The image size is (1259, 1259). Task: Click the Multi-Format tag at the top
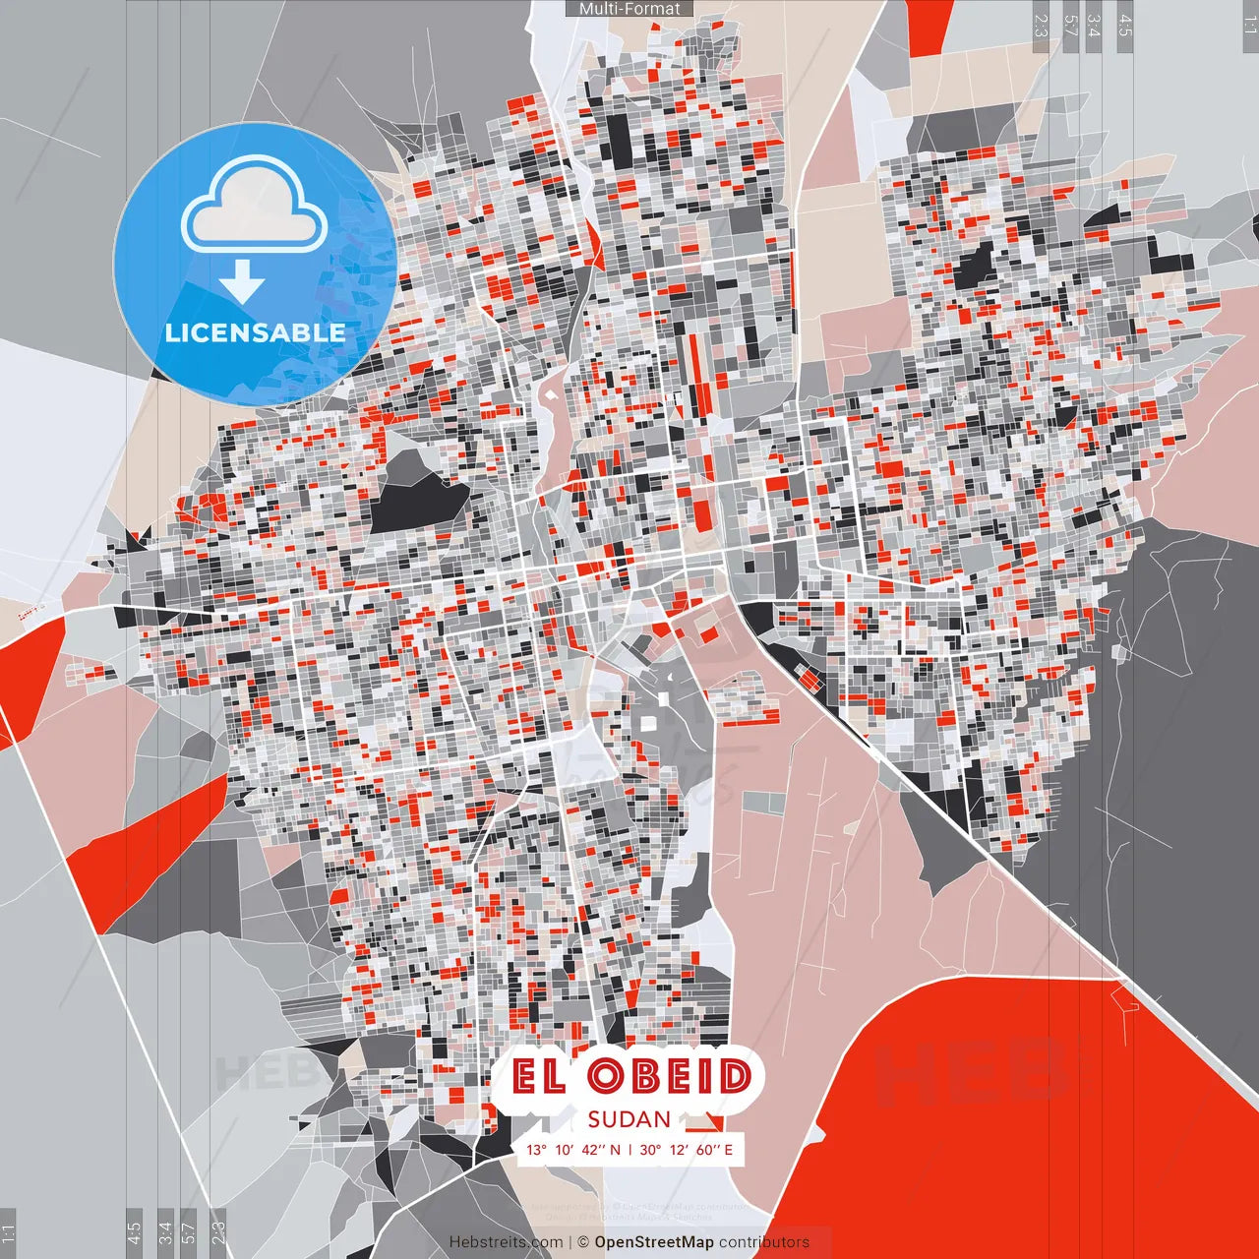[x=629, y=9]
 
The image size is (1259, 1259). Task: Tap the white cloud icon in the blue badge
[x=255, y=208]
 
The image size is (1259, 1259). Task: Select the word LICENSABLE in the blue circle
[x=255, y=332]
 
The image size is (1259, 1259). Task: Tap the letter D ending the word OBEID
[x=733, y=1078]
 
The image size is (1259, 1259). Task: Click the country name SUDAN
[x=629, y=1119]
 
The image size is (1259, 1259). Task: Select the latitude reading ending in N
[x=573, y=1150]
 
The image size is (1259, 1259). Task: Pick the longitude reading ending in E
[x=687, y=1150]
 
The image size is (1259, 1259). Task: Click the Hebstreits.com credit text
[x=506, y=1242]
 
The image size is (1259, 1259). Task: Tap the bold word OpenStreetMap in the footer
[x=653, y=1242]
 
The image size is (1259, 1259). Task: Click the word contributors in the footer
[x=764, y=1242]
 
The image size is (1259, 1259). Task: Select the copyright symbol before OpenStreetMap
[x=582, y=1242]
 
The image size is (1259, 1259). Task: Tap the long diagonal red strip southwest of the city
[x=148, y=846]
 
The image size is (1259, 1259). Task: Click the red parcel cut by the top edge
[x=929, y=24]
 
